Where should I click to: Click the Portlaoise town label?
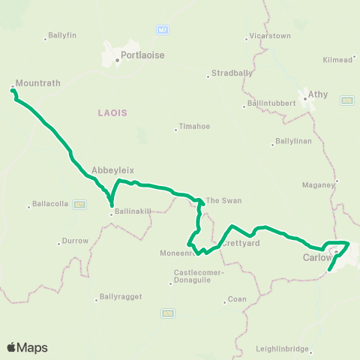145,55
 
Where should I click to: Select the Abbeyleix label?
106,169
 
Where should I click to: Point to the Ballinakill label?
133,212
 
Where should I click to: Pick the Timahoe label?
193,127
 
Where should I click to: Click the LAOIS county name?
112,112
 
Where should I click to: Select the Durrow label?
76,241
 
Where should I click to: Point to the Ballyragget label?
119,298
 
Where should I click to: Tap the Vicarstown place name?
269,36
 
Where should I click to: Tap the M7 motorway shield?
162,30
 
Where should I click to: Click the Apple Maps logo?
27,347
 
